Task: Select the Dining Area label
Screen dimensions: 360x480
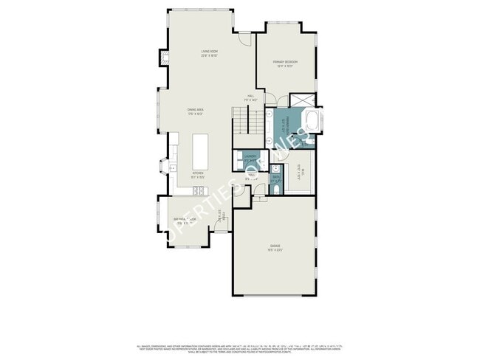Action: coord(195,111)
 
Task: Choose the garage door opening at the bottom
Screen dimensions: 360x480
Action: coord(275,296)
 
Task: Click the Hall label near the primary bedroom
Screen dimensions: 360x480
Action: coord(251,98)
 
